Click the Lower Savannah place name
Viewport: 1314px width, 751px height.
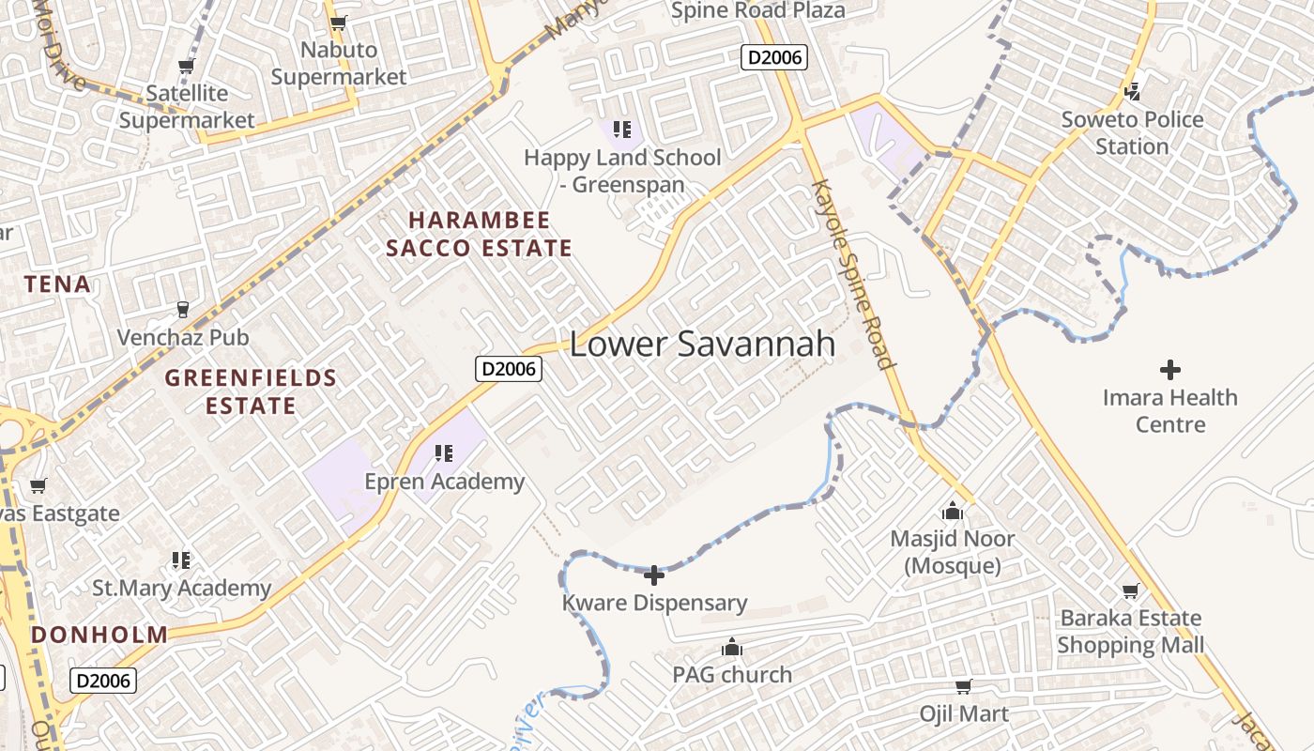pos(702,344)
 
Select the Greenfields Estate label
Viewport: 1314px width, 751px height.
pos(251,391)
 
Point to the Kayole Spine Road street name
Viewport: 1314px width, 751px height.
pos(853,273)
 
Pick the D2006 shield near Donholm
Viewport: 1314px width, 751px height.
pos(103,680)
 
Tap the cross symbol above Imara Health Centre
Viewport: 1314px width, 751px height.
pos(1169,369)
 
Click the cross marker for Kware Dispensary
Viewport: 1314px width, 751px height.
pos(654,575)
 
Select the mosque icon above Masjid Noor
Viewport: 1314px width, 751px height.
pos(953,512)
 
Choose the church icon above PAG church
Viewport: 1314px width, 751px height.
pos(732,647)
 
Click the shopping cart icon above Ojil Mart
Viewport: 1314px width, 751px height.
pos(963,687)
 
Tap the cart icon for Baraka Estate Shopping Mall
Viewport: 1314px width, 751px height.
pos(1130,591)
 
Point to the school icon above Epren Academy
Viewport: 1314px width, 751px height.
pos(444,454)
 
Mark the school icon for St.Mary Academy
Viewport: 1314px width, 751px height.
pos(181,560)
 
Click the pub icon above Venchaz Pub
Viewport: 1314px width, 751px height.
pos(182,309)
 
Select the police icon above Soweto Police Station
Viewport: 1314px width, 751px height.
pos(1132,91)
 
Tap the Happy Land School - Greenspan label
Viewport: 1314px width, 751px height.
pos(622,171)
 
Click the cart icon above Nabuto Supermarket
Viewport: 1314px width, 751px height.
pos(338,23)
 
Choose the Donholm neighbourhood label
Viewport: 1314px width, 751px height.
pos(99,635)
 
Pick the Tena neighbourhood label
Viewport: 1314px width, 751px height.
pos(58,284)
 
